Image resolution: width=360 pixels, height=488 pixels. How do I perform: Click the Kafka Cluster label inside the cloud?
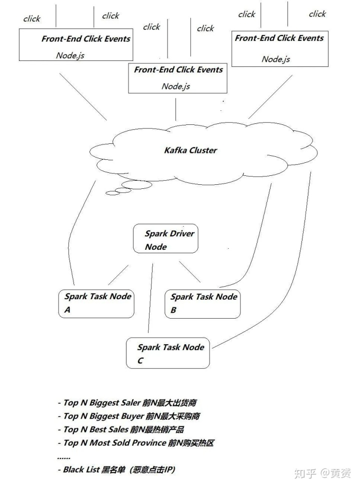[x=190, y=150]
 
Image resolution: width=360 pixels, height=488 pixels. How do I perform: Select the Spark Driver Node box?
[x=165, y=239]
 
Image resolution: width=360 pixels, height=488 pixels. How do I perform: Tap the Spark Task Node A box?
[x=96, y=303]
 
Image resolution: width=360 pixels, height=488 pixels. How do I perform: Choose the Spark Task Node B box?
[x=202, y=303]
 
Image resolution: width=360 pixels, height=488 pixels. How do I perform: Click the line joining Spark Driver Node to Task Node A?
[x=118, y=275]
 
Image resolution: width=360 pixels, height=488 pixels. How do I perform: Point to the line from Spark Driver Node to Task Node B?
[x=190, y=272]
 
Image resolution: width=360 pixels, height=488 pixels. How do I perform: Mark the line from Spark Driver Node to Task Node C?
[x=150, y=300]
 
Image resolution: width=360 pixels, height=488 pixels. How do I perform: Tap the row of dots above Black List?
[x=64, y=457]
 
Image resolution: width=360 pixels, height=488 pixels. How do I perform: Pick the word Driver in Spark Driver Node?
[x=182, y=233]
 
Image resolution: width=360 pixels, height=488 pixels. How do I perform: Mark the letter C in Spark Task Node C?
[x=140, y=361]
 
